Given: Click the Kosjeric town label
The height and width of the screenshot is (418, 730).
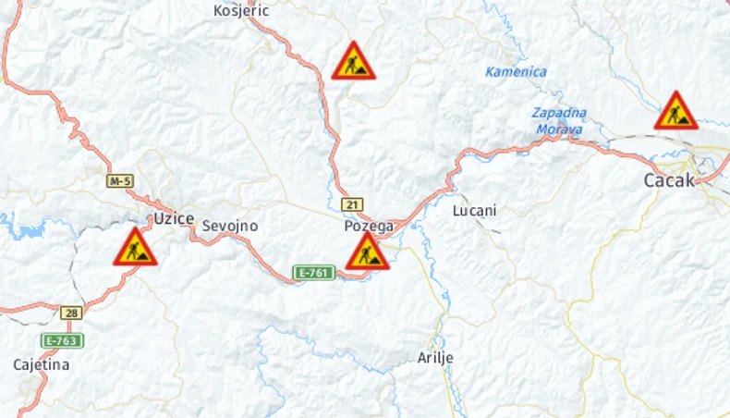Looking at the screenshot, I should pos(240,11).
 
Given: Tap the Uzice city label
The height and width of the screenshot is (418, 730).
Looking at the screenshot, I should pos(174,218).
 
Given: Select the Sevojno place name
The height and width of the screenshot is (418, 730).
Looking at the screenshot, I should pos(230,226).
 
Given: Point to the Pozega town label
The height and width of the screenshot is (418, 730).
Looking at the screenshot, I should pos(369,226).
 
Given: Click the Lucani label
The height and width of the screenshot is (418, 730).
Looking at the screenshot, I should pos(475,211).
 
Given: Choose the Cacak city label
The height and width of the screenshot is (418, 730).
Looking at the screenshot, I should pos(669,180).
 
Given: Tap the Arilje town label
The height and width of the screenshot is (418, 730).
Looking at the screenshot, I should pos(435,358).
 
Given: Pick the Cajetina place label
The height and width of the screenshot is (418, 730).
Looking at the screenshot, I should pos(42,364).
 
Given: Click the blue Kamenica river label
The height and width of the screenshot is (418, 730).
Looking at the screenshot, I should pos(516,71).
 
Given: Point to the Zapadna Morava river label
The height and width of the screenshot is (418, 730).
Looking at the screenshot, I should pos(559,120).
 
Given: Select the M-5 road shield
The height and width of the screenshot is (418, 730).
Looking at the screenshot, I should pos(119,181).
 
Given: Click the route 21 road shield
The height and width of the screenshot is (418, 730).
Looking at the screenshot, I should pos(351,204).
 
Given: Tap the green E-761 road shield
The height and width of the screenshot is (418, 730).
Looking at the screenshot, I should pos(313,273).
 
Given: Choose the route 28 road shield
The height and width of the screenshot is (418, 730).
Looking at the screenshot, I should pos(71,313).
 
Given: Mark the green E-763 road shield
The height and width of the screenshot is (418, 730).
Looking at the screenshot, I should pos(63,340).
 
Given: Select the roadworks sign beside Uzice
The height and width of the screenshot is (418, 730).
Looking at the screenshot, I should pos(135,248).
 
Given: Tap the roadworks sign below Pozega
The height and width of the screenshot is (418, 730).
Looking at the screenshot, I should pos(367,252).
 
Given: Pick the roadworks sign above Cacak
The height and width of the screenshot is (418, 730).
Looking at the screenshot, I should pos(675,112).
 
